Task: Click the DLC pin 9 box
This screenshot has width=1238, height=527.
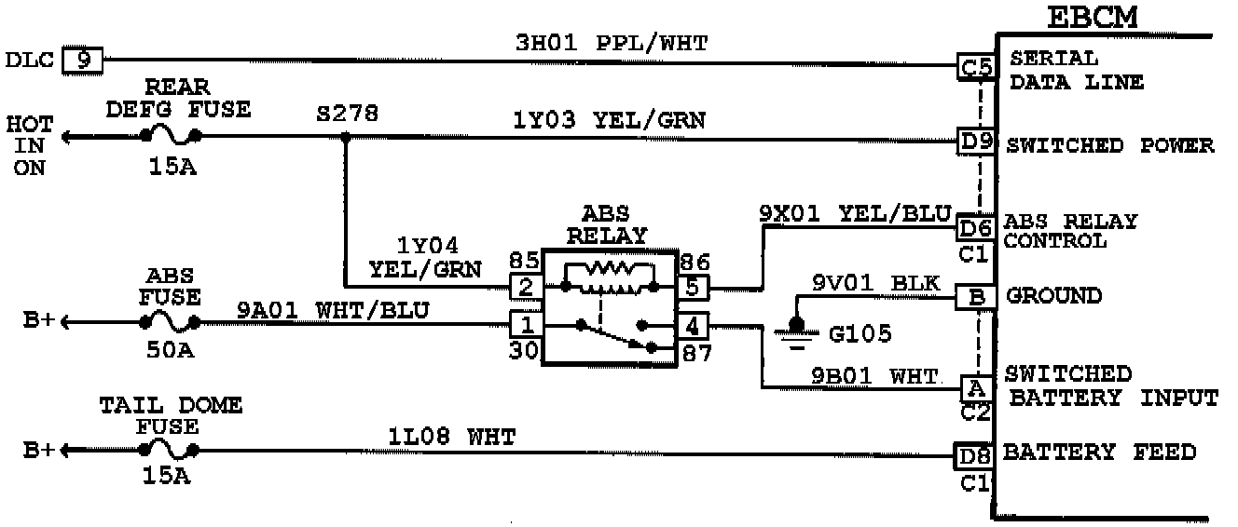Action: click(x=83, y=61)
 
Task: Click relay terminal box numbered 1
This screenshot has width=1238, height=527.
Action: click(x=526, y=325)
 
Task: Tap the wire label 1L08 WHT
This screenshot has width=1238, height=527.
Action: click(x=452, y=436)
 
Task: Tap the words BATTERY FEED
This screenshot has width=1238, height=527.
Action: click(x=1099, y=453)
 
